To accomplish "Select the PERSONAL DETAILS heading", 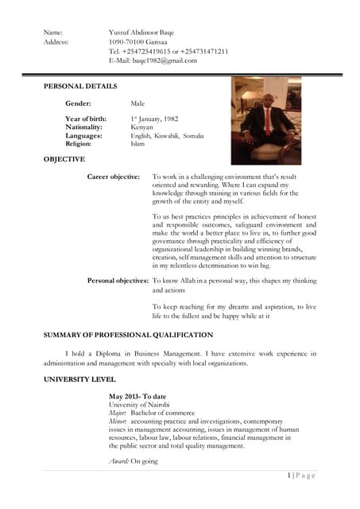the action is [x=80, y=86].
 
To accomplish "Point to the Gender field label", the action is [x=78, y=103].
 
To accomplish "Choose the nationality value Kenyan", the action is [x=142, y=127].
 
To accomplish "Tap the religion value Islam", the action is [x=137, y=144].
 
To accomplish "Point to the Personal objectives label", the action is [x=118, y=281].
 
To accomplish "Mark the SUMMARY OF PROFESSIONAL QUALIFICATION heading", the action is [x=128, y=336].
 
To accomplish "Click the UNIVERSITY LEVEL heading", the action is [x=79, y=379].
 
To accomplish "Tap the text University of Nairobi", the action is [x=139, y=405].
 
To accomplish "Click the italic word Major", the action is [x=117, y=414].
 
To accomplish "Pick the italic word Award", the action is [x=118, y=460].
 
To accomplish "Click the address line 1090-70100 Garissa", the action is [x=137, y=41].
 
